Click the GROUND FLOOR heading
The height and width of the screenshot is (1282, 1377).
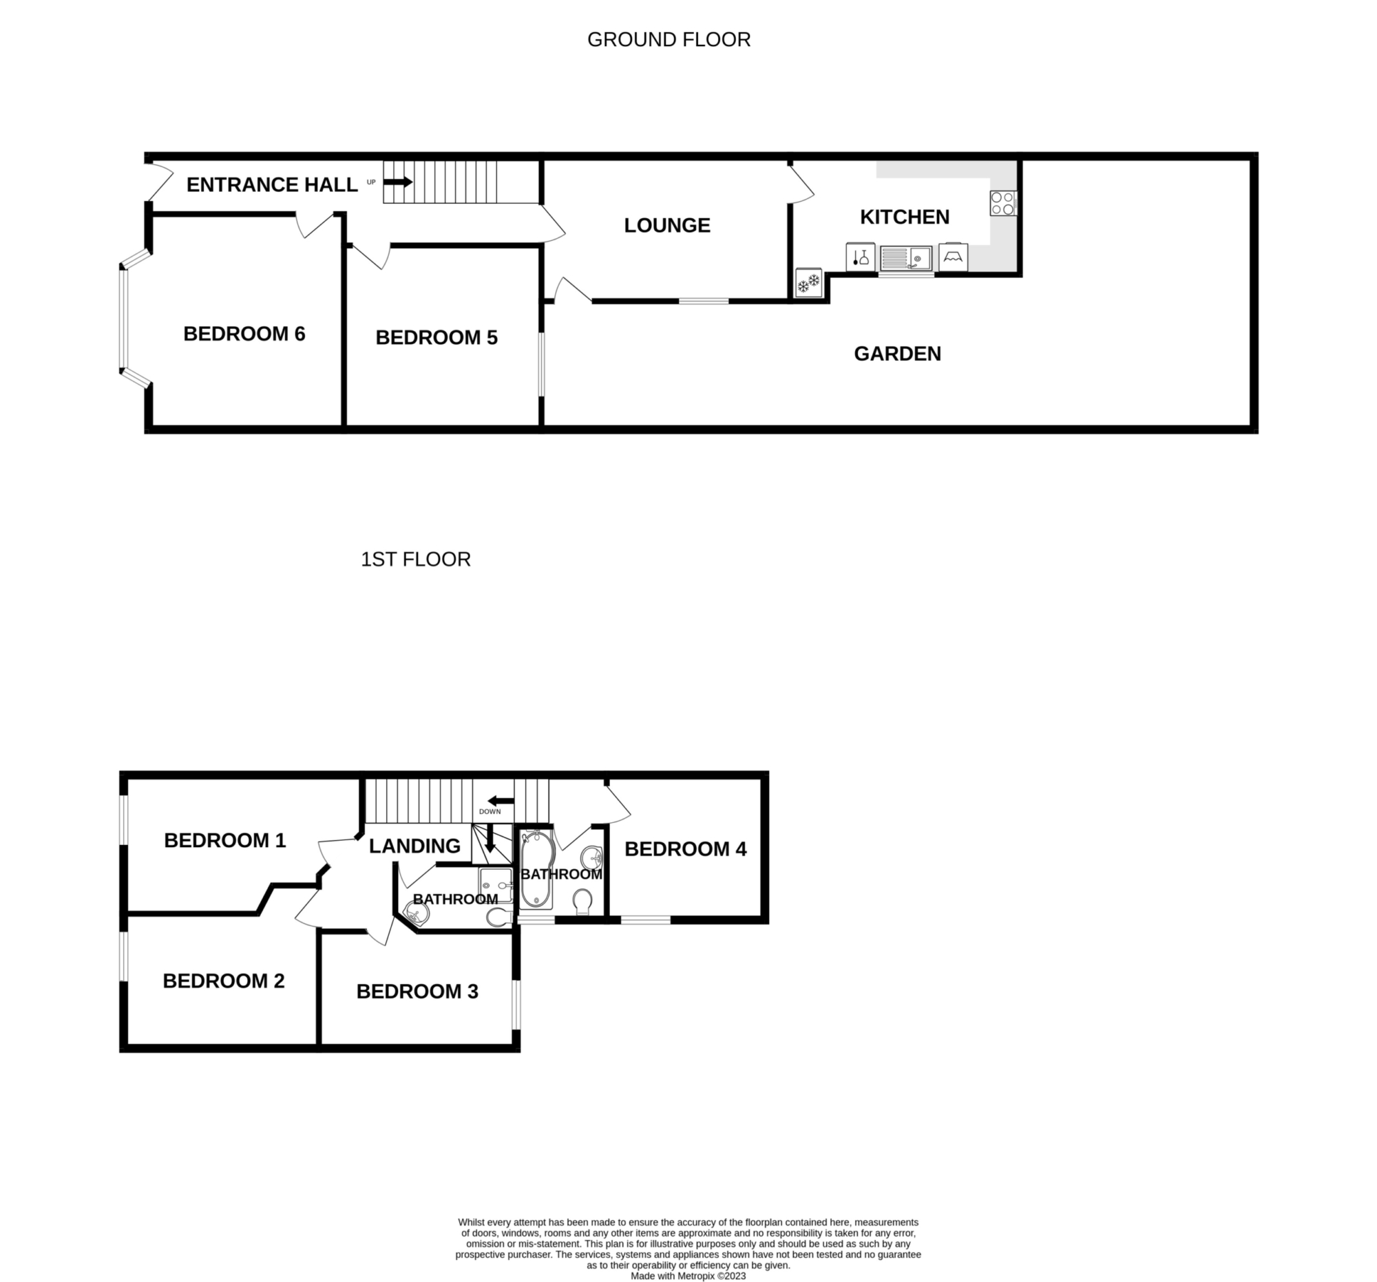click(x=669, y=39)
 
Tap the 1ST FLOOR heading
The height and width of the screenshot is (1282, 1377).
click(x=416, y=559)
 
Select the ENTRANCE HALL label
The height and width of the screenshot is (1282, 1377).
click(x=272, y=185)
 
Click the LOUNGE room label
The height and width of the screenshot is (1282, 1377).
click(x=667, y=225)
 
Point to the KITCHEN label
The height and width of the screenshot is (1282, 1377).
click(x=905, y=217)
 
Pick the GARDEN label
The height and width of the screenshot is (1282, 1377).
click(x=897, y=354)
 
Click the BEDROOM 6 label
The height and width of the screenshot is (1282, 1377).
click(x=244, y=334)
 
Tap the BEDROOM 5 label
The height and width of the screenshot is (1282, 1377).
click(x=437, y=337)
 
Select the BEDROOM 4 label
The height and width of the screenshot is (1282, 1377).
click(x=686, y=848)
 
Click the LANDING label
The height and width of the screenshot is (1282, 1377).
click(x=414, y=846)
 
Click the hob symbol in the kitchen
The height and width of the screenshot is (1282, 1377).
click(x=1002, y=203)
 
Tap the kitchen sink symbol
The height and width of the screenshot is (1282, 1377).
click(x=906, y=258)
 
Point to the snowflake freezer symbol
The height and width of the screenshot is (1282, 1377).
click(x=808, y=282)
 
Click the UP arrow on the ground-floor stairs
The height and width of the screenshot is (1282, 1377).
click(x=397, y=182)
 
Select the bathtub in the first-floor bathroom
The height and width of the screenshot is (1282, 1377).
click(x=537, y=869)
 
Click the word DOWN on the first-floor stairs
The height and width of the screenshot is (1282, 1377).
click(x=490, y=812)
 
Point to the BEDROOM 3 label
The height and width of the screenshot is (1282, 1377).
click(x=417, y=992)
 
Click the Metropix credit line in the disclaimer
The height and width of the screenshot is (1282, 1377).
click(x=688, y=1276)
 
